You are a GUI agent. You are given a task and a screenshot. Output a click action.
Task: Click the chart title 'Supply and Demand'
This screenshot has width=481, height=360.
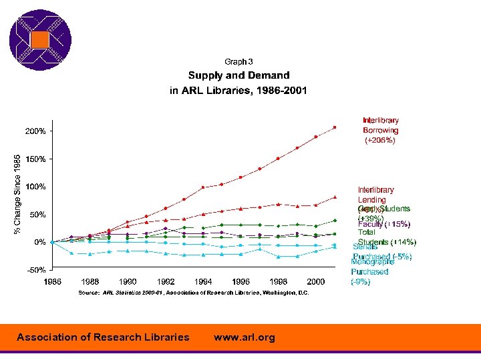[238, 75]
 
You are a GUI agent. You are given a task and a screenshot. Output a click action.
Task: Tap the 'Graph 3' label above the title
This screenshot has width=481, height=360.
[238, 61]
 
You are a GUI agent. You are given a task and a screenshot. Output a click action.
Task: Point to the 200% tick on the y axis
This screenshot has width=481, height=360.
[36, 131]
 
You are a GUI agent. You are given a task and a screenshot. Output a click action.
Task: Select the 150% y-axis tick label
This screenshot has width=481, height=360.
[36, 159]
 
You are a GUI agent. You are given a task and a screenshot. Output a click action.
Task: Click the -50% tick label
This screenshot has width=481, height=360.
[36, 270]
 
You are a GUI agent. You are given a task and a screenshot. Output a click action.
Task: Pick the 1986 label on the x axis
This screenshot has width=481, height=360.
[53, 281]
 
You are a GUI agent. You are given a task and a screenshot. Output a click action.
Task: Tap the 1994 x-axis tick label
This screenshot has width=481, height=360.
[204, 281]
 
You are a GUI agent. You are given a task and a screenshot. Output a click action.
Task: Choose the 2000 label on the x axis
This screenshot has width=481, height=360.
[316, 281]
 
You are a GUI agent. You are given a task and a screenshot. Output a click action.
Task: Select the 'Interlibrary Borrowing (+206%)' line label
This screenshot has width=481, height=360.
[380, 131]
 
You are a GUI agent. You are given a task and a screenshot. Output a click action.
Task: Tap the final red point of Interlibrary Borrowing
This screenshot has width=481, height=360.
[335, 127]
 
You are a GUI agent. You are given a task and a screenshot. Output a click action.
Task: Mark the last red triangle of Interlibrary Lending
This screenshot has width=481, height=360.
[335, 197]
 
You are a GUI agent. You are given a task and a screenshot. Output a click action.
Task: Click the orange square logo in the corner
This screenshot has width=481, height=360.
[40, 40]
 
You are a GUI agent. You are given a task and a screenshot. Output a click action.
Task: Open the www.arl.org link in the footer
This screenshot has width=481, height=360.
[244, 337]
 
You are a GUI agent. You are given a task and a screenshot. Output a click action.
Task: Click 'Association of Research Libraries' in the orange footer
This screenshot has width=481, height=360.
[103, 337]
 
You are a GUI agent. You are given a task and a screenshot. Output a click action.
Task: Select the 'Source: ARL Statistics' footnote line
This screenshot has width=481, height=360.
[194, 293]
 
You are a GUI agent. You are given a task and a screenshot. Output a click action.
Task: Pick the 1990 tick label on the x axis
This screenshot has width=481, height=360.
[128, 281]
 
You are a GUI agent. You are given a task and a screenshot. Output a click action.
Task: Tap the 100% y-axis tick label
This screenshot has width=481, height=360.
[36, 187]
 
